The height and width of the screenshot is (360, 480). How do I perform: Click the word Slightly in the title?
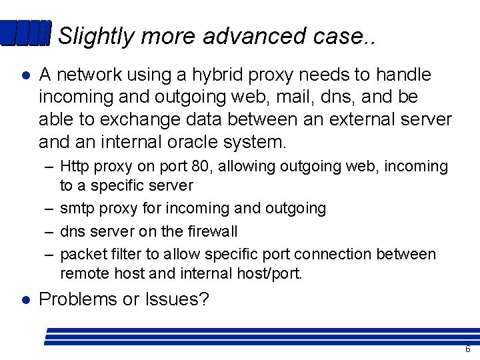[96, 37]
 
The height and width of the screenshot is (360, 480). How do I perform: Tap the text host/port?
[268, 273]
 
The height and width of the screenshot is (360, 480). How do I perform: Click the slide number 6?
[467, 349]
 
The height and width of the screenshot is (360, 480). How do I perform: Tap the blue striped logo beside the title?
[25, 33]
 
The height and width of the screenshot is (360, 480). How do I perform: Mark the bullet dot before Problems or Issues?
[25, 299]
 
